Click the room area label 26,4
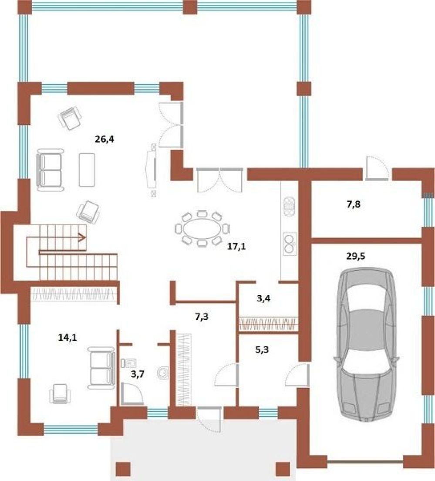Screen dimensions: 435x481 [104, 139]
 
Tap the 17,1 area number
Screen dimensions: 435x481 [236, 246]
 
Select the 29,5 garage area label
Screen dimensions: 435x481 [356, 256]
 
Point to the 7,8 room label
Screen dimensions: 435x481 [353, 205]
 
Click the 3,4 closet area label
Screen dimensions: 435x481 [263, 298]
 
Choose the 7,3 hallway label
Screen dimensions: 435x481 [202, 316]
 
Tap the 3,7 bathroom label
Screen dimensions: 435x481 [138, 374]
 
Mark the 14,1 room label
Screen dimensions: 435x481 [67, 338]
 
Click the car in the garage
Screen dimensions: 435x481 [366, 345]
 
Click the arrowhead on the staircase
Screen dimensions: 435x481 [82, 237]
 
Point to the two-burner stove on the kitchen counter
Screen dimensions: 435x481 [290, 244]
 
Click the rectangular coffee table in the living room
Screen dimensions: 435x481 [87, 169]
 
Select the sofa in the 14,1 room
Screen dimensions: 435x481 [101, 368]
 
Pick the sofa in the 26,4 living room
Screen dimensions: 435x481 [50, 169]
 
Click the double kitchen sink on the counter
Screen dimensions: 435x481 [289, 207]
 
